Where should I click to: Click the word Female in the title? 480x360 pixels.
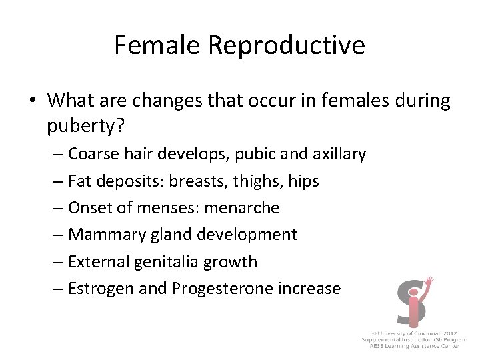(x=157, y=45)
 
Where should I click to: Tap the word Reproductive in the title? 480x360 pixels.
(x=287, y=45)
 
